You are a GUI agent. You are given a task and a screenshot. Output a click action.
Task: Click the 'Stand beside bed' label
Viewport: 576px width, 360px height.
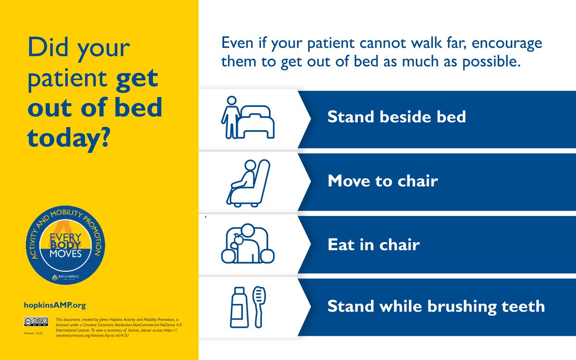pyautogui.click(x=396, y=117)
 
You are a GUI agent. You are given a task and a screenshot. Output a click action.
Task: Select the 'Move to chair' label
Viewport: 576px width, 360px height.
pyautogui.click(x=382, y=181)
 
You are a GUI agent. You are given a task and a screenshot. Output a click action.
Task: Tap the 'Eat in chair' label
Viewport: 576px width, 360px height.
pyautogui.click(x=373, y=245)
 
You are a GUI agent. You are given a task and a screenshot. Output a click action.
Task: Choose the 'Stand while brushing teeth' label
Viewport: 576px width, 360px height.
pyautogui.click(x=436, y=306)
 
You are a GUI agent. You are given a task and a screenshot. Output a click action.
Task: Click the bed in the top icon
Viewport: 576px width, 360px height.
pyautogui.click(x=257, y=121)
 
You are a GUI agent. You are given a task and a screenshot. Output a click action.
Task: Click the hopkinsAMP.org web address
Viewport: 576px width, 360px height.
pyautogui.click(x=54, y=305)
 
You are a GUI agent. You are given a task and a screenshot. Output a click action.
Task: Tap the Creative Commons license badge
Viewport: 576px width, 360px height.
pyautogui.click(x=36, y=322)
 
